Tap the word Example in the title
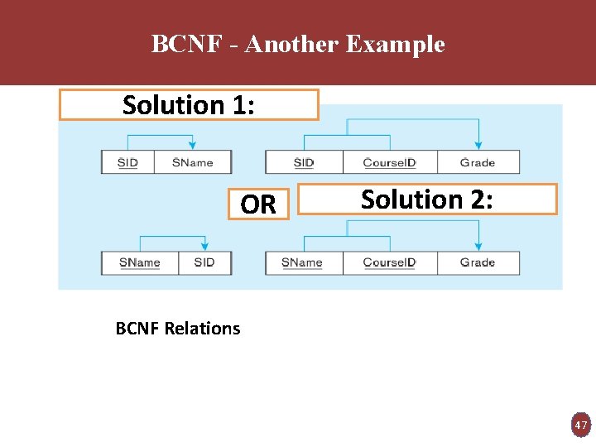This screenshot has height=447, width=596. click(x=395, y=44)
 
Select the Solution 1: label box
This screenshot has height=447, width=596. click(x=189, y=105)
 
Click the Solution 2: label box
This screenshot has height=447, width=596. click(x=427, y=199)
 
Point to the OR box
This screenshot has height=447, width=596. click(x=258, y=204)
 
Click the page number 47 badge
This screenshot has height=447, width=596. click(x=581, y=425)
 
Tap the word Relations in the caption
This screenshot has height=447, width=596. click(x=202, y=329)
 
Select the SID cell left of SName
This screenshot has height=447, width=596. click(x=127, y=162)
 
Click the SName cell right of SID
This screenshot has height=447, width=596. click(x=193, y=162)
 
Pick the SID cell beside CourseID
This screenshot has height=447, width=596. click(x=304, y=162)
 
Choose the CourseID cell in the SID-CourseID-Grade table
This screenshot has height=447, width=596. click(x=389, y=162)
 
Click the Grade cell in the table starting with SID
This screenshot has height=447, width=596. click(x=478, y=162)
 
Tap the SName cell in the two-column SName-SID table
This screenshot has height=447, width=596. click(x=139, y=262)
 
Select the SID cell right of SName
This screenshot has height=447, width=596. click(x=204, y=262)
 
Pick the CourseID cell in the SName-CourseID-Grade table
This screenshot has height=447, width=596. click(x=389, y=262)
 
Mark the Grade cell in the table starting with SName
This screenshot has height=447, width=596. click(x=478, y=262)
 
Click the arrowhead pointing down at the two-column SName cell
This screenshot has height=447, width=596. click(x=204, y=246)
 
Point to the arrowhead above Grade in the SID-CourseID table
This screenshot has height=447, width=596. click(x=478, y=146)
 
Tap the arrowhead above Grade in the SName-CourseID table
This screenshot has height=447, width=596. click(x=478, y=246)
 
